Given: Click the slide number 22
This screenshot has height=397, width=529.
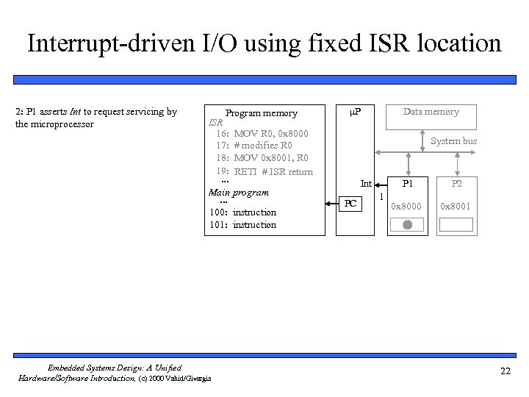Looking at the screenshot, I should (505, 371).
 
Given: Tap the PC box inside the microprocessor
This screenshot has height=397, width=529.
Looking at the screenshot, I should (351, 203).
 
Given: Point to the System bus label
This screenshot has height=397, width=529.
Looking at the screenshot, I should (453, 140).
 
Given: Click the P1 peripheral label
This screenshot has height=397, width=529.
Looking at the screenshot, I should (406, 184).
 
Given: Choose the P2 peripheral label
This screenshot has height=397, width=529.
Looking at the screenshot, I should (457, 184).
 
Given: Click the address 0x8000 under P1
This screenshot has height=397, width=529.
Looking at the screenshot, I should (406, 207).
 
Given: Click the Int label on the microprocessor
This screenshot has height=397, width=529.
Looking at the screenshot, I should (365, 184).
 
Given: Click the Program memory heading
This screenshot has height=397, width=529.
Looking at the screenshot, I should (261, 113).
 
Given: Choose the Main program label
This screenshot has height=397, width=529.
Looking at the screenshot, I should (239, 193).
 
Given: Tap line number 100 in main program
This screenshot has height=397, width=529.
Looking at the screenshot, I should (217, 212).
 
